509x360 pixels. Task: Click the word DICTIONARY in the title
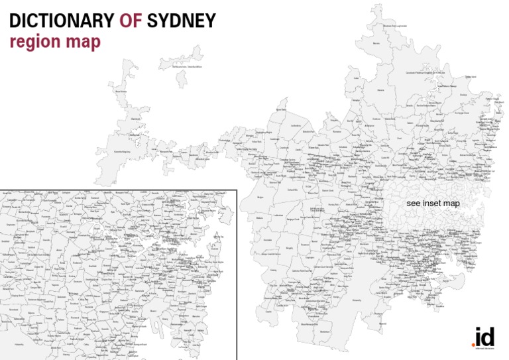click(x=62, y=21)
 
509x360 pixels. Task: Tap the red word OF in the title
click(x=131, y=21)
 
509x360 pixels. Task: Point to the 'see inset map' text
click(x=433, y=203)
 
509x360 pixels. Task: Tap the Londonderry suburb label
click(x=296, y=125)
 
